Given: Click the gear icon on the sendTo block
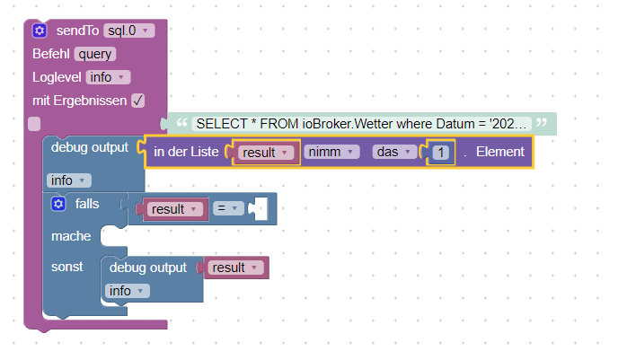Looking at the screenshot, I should (x=40, y=31).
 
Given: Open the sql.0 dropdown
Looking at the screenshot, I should (x=129, y=31).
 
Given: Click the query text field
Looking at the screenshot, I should (x=95, y=54).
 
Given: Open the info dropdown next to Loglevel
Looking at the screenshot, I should (x=110, y=77).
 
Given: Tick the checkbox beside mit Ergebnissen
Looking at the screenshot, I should (x=137, y=101).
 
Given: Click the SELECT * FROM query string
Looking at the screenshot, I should (x=363, y=123).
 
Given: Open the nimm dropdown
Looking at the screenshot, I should (x=331, y=153).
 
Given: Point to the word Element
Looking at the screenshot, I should (x=500, y=153).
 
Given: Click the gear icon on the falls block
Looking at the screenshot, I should (x=59, y=205).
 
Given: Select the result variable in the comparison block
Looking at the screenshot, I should (x=173, y=209).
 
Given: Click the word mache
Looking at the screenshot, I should (x=71, y=236).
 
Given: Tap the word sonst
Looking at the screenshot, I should (x=67, y=268).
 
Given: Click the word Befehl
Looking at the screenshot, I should (x=51, y=54).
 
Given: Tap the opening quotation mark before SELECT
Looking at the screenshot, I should (x=182, y=122).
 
